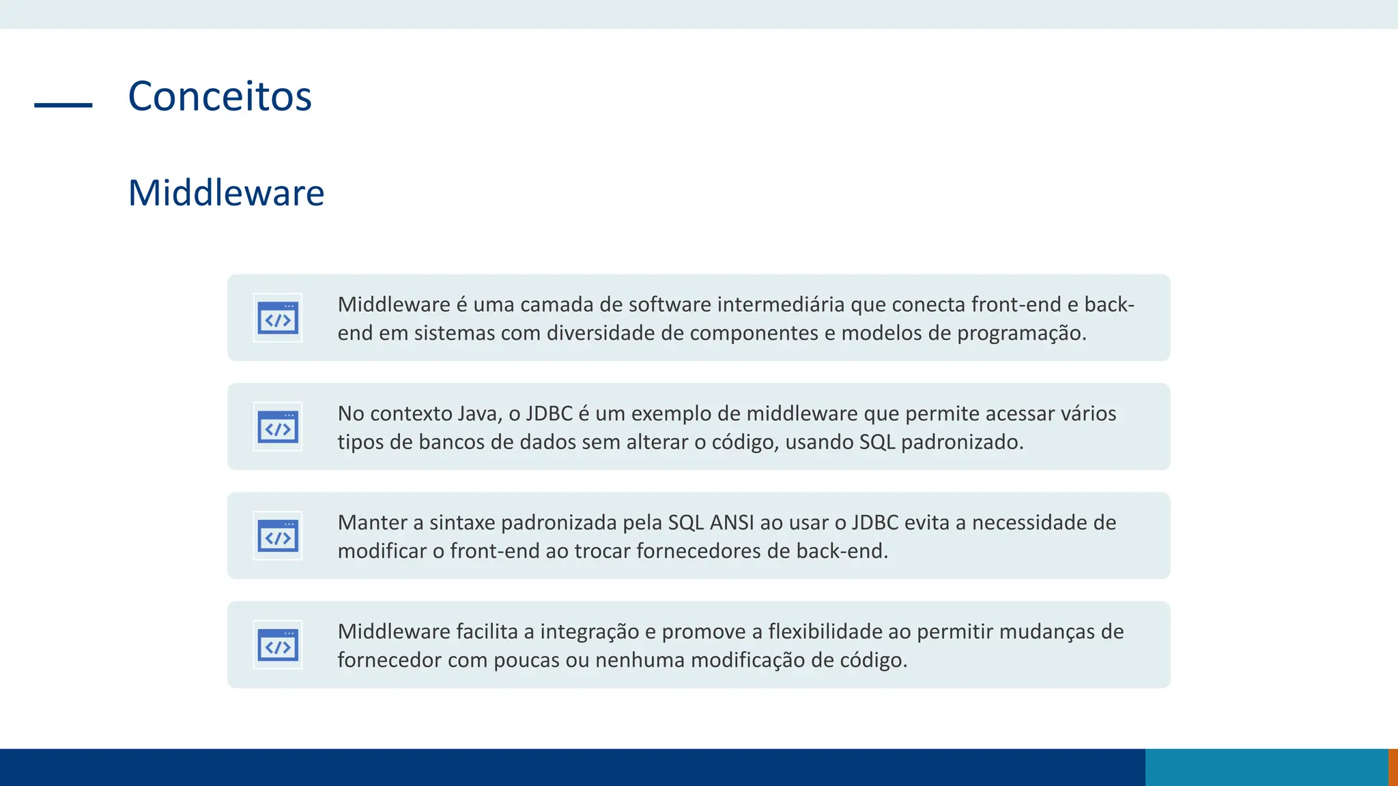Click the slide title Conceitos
point(220,96)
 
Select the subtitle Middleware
point(226,193)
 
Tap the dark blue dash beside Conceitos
point(63,105)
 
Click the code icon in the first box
point(278,318)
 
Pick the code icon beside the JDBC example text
point(278,427)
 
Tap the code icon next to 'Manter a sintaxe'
point(278,536)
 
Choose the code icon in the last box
point(278,645)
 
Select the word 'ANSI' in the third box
point(732,523)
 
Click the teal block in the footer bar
point(1266,768)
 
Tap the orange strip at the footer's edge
point(1393,768)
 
